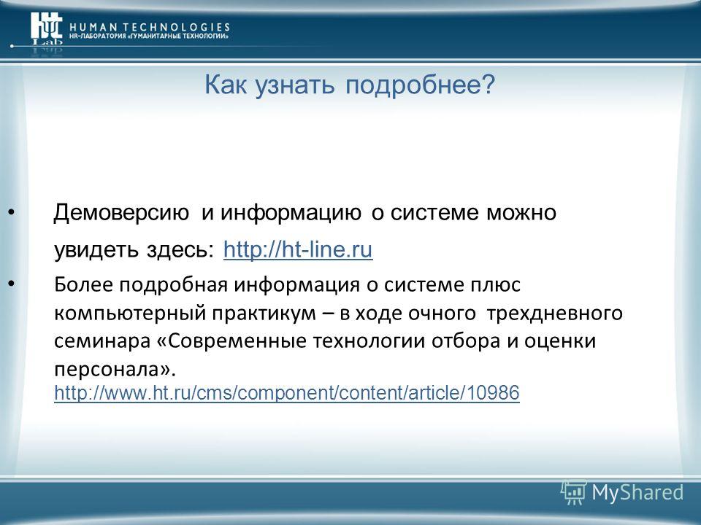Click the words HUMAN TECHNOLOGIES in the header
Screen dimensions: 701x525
coord(150,27)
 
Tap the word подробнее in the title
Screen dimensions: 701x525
coord(421,85)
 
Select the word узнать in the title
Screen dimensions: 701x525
coord(294,85)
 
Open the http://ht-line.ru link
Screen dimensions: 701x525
coord(298,249)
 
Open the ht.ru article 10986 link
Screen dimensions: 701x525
coord(286,393)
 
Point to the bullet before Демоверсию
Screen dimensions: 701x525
coord(12,211)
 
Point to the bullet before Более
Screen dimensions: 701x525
coord(12,283)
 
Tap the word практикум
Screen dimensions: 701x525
coord(264,314)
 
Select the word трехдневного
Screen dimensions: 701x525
coord(554,314)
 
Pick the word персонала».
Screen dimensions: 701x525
coord(115,370)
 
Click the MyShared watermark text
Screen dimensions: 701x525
coord(637,492)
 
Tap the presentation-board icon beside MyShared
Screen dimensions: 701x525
coord(574,492)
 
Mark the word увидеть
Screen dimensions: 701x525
coord(96,250)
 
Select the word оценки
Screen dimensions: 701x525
coord(560,341)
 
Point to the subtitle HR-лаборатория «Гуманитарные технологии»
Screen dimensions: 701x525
coord(148,36)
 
